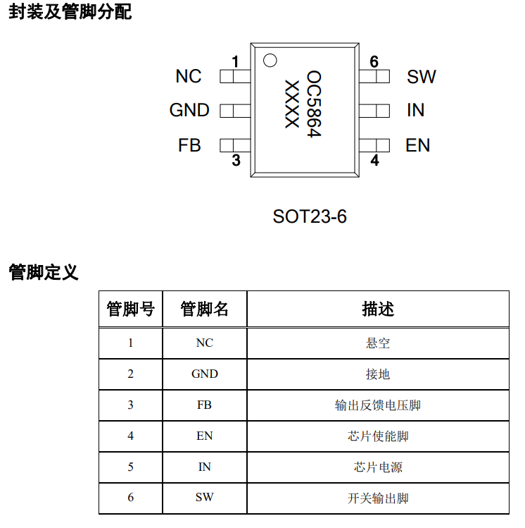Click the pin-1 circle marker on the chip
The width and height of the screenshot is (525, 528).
[270, 61]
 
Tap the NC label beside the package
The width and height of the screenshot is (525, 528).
[189, 76]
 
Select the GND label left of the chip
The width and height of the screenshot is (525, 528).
[189, 110]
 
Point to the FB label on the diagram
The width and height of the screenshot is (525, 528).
[189, 145]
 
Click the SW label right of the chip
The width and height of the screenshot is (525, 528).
[421, 76]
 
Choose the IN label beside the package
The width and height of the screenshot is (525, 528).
[415, 110]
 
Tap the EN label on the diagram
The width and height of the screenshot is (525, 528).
[418, 145]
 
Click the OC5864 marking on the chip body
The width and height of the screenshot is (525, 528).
[315, 104]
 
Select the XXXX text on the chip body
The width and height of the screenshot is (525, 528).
[292, 104]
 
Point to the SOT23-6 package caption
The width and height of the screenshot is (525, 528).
[310, 216]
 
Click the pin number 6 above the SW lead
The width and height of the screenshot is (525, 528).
[374, 61]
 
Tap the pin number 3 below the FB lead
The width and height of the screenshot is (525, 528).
[236, 160]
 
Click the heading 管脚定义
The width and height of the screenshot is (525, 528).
[44, 272]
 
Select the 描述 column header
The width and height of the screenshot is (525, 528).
[378, 309]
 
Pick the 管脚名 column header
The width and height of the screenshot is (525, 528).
[204, 309]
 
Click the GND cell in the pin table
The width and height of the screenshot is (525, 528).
[204, 374]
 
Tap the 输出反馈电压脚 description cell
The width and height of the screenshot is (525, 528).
[378, 405]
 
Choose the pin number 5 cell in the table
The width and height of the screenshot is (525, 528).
[130, 467]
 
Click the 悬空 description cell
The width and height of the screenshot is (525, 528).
[378, 343]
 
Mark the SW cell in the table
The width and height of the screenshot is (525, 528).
[204, 498]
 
